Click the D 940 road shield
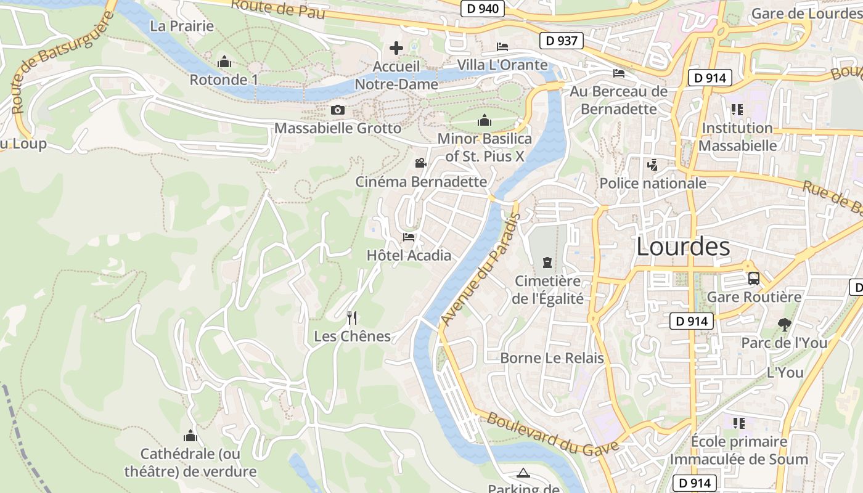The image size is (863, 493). [483, 9]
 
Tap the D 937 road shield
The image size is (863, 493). [562, 41]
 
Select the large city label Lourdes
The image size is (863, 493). [682, 246]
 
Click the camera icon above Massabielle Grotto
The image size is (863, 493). [337, 110]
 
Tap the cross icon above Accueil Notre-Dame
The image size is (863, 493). [396, 47]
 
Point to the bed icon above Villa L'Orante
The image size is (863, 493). [502, 46]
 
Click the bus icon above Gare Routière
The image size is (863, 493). [753, 278]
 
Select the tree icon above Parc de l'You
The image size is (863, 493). [784, 324]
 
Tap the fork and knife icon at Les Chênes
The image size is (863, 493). [352, 318]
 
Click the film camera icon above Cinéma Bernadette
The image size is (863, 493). [420, 163]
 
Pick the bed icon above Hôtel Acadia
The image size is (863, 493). [409, 237]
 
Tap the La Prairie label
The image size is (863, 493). [182, 26]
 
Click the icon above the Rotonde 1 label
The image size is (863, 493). [224, 62]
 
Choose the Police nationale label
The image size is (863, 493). [653, 183]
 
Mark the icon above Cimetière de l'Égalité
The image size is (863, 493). [547, 263]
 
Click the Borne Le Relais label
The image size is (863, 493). [552, 358]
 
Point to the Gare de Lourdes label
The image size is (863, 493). [805, 14]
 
